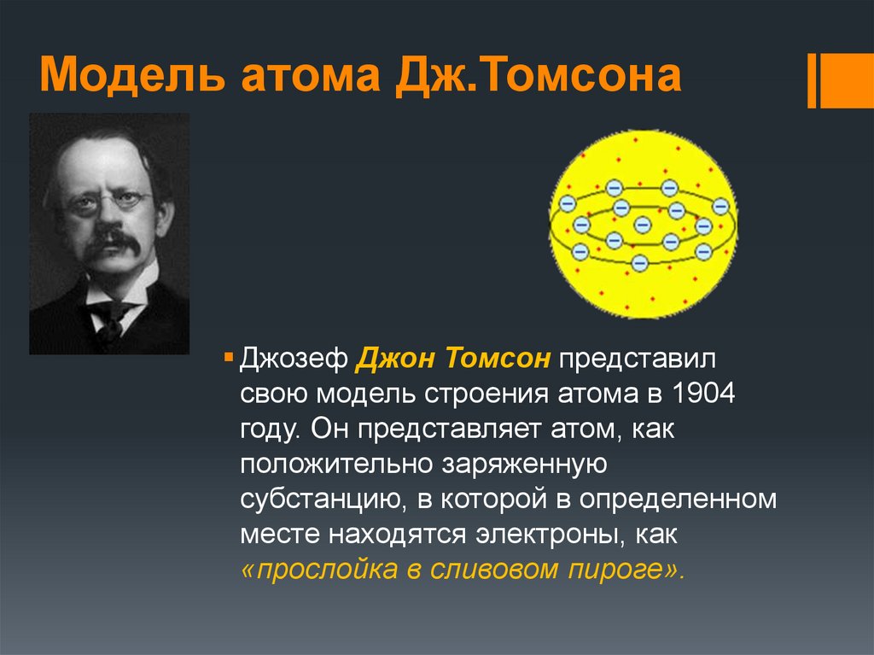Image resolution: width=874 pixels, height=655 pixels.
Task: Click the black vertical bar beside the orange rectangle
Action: click(x=812, y=80)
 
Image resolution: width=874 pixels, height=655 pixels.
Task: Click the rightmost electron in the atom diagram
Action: click(x=721, y=206)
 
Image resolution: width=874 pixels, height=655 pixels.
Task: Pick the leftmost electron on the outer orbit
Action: click(x=567, y=203)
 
